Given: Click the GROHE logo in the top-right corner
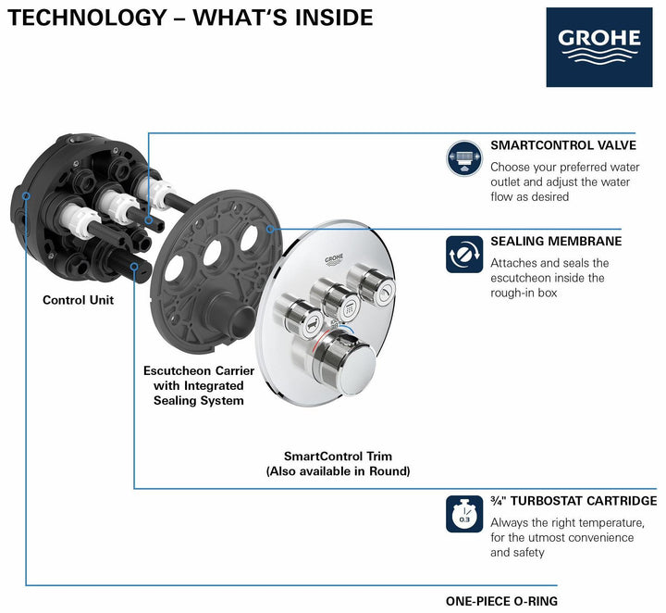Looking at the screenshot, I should (x=598, y=47).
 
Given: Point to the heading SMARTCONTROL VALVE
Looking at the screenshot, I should (x=562, y=145).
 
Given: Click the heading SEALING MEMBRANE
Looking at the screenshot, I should (x=555, y=242).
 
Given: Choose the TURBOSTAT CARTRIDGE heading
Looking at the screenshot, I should (x=573, y=501).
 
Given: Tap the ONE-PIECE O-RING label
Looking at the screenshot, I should (x=501, y=601).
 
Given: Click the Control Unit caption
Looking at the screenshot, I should (x=79, y=300).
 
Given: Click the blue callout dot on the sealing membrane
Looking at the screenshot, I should (x=270, y=227).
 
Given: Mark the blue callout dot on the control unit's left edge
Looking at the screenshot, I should (x=28, y=196).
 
